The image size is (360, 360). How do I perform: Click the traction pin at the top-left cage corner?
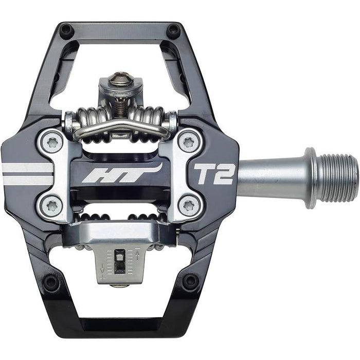point(66,30)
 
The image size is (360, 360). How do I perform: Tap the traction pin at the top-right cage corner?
point(173,30)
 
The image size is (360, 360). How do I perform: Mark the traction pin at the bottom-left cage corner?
point(51,282)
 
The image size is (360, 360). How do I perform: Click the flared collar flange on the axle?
point(310,178)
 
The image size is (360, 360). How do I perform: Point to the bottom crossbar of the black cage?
point(121,325)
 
